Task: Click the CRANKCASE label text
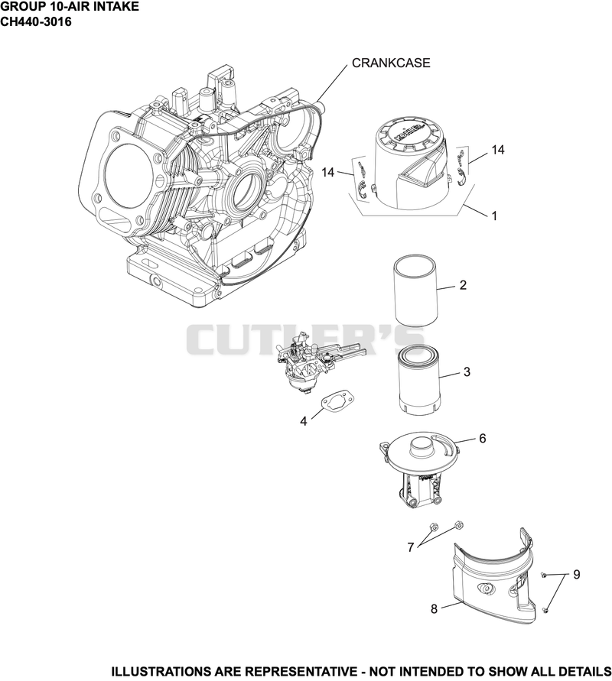tap(391, 63)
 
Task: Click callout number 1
tap(494, 216)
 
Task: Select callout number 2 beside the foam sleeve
tap(463, 285)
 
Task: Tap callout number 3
tap(467, 371)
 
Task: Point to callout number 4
tap(304, 421)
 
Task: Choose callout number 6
tap(483, 438)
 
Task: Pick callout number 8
tap(435, 609)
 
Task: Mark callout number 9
tap(577, 575)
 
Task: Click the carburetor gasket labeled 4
tap(337, 399)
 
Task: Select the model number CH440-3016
tap(36, 21)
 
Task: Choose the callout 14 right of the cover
tap(498, 150)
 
